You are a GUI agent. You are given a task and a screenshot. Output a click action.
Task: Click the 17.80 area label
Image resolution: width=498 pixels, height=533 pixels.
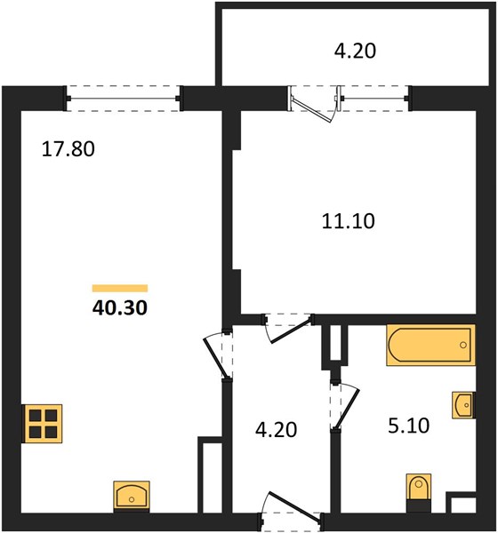[x=68, y=149]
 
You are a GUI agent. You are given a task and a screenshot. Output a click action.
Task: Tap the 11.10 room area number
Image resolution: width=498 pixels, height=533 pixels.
[x=349, y=220]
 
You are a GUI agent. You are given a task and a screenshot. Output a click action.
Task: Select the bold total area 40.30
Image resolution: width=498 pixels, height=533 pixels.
[x=120, y=307]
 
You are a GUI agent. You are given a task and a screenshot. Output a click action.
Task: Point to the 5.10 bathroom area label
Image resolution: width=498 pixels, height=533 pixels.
[x=408, y=426]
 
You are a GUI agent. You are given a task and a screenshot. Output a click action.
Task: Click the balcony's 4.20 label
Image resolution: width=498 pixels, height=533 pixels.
[x=355, y=51]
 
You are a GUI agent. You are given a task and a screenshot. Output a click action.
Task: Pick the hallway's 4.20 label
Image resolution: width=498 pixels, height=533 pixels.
[x=276, y=429]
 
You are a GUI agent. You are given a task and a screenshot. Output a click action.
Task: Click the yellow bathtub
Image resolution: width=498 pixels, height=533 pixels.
[x=430, y=345]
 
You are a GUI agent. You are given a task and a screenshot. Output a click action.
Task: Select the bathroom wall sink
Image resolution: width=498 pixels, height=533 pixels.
[x=463, y=405]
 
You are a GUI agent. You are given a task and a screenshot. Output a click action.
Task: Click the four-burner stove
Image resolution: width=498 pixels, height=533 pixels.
[x=42, y=424]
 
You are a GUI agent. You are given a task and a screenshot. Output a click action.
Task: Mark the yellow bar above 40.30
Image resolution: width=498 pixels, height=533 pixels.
[x=120, y=288]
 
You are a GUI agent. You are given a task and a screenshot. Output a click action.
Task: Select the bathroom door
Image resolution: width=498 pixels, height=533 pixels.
[x=346, y=408]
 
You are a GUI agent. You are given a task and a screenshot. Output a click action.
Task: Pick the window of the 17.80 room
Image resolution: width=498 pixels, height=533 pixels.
[x=123, y=99]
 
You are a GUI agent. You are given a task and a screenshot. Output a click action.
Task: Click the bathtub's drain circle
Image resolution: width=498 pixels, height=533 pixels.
[x=463, y=345]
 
